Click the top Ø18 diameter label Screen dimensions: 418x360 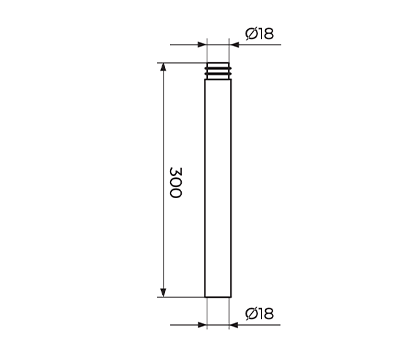(260, 33)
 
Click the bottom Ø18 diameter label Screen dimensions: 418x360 (260, 313)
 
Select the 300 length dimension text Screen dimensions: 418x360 (176, 182)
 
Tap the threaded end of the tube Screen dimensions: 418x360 (219, 71)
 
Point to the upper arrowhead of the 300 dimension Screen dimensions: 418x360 (163, 67)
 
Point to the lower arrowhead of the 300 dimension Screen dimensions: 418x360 (163, 293)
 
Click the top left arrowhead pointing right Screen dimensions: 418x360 (202, 44)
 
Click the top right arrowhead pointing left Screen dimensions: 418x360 (234, 44)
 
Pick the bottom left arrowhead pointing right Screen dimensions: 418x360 (202, 325)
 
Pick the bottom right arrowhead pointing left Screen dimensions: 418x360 (234, 325)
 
